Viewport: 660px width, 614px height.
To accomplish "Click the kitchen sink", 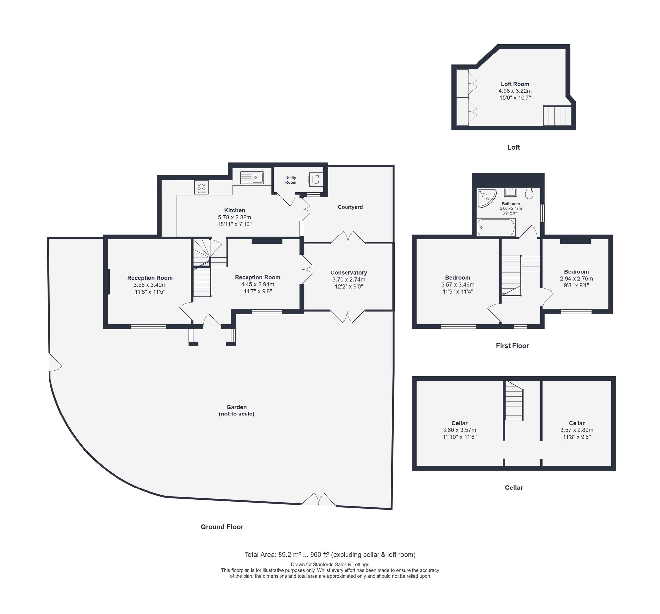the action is (252, 178).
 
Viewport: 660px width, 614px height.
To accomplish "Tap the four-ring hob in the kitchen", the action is (201, 187).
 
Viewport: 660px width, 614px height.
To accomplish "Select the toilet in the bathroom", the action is (529, 193).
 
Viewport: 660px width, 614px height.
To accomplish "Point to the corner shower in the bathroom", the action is (486, 198).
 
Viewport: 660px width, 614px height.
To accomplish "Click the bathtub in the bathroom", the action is (496, 228).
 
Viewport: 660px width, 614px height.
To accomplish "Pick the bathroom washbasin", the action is (511, 192).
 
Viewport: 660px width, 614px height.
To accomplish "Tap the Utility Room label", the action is (291, 180).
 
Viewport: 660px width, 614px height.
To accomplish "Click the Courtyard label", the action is (350, 207).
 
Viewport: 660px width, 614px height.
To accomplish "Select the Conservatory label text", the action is (348, 272).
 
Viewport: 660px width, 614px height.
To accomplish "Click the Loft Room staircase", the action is (557, 116).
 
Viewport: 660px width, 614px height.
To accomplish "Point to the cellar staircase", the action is (514, 400).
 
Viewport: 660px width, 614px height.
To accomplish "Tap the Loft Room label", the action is (515, 84).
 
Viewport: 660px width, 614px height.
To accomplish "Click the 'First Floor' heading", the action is (512, 346).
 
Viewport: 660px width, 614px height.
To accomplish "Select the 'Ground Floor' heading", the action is (222, 527).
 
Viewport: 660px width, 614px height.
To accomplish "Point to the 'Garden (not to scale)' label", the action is (236, 410).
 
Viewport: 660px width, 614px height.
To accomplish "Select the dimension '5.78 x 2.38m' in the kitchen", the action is (234, 217).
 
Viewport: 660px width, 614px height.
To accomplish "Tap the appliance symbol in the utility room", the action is (316, 179).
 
